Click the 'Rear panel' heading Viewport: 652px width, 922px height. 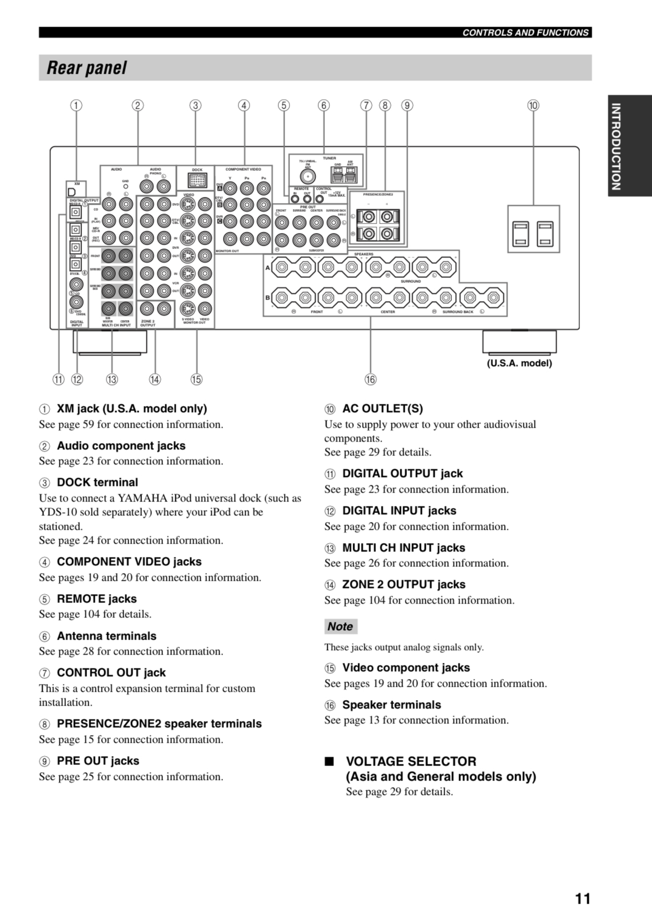click(x=86, y=68)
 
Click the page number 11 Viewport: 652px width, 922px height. click(x=583, y=898)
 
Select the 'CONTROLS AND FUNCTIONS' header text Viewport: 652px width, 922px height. click(x=525, y=33)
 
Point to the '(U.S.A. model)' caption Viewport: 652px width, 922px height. click(x=519, y=363)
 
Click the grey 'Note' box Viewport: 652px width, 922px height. click(x=340, y=626)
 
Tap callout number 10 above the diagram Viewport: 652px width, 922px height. click(x=533, y=105)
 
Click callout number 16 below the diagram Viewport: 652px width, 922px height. click(x=370, y=379)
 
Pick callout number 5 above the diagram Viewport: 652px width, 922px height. click(x=284, y=105)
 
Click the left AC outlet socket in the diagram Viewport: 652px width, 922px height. click(x=521, y=234)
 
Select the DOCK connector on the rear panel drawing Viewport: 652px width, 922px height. click(x=197, y=181)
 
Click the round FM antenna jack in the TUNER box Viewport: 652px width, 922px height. click(x=308, y=176)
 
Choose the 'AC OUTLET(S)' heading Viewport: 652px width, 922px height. click(x=382, y=409)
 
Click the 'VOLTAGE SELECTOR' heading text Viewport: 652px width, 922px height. click(x=411, y=761)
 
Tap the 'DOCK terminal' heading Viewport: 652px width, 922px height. click(x=97, y=483)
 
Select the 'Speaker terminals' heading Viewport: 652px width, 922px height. click(x=391, y=705)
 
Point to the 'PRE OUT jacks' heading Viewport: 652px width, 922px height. click(x=98, y=761)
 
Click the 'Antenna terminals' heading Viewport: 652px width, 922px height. click(x=106, y=636)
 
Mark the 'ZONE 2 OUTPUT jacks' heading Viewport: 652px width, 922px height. click(x=404, y=585)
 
